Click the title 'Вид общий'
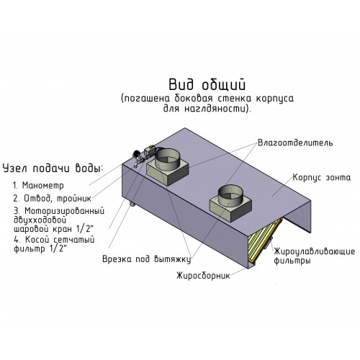[x=207, y=85]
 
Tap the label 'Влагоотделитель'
[x=295, y=143]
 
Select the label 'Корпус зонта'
[x=322, y=178]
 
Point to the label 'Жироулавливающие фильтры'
[x=315, y=256]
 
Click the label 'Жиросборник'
[x=203, y=276]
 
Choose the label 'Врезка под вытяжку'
[x=147, y=259]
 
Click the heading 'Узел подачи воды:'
[x=53, y=168]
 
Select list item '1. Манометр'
[x=38, y=186]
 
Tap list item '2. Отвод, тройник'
[x=53, y=199]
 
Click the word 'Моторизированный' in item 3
[x=64, y=211]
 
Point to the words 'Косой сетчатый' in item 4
[x=60, y=240]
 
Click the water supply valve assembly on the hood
[x=145, y=156]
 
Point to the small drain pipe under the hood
[x=132, y=204]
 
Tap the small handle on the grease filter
[x=269, y=243]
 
